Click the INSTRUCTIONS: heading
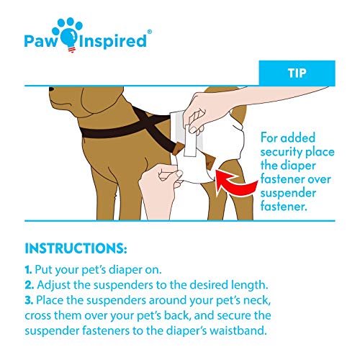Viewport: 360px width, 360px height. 76,249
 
